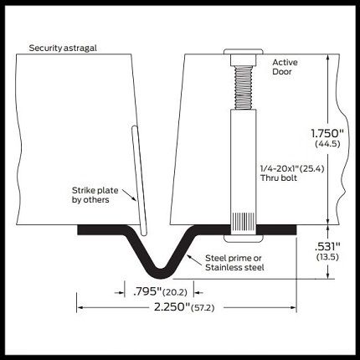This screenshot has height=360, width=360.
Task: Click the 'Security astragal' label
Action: pos(63,48)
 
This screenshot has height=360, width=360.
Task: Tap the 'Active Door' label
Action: pos(285,67)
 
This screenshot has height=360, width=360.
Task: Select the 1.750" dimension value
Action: pos(327,133)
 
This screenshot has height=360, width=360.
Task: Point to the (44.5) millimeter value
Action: pos(327,144)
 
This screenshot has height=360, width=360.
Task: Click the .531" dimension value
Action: pos(327,247)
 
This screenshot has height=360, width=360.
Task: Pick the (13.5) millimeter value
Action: pos(327,257)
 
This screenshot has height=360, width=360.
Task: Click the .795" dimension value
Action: pos(147,291)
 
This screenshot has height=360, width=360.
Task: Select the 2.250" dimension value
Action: pos(172,307)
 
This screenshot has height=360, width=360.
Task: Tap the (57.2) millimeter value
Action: pos(203,308)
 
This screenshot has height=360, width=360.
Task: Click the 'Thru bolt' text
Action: pos(279,177)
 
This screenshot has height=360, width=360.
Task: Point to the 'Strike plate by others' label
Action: pos(95,195)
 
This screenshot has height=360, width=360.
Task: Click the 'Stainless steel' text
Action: pos(234,267)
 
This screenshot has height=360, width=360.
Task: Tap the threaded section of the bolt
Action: pos(244,87)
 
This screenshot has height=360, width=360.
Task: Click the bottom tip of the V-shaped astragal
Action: pos(161,276)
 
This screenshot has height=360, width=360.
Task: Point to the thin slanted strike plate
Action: pos(139,180)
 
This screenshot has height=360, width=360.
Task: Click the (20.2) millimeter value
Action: pos(175,292)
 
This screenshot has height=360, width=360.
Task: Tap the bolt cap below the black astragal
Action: pos(244,238)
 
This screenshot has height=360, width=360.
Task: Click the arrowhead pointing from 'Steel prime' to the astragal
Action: pos(189,257)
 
